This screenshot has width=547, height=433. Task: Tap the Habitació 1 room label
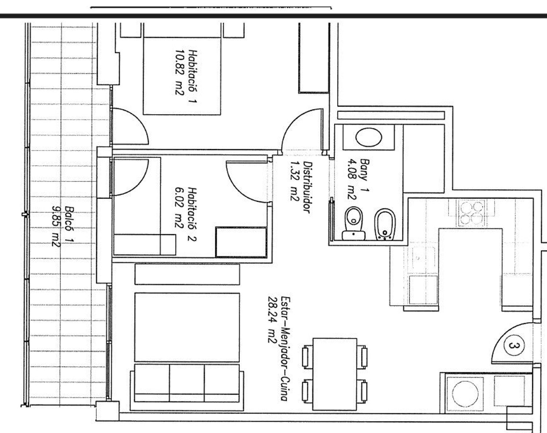(x=193, y=76)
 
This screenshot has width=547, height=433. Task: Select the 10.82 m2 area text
(x=180, y=72)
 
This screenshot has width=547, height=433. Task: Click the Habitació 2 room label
(x=193, y=214)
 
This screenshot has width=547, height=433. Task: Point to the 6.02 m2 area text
(x=179, y=208)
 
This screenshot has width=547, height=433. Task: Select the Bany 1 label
(x=365, y=175)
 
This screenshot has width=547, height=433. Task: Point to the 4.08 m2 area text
(x=352, y=179)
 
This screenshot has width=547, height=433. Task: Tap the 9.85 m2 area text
(x=56, y=226)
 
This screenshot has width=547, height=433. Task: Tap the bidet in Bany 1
(x=385, y=224)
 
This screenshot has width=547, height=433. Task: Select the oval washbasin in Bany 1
(x=369, y=137)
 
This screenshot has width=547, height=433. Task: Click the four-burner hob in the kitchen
(x=472, y=213)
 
